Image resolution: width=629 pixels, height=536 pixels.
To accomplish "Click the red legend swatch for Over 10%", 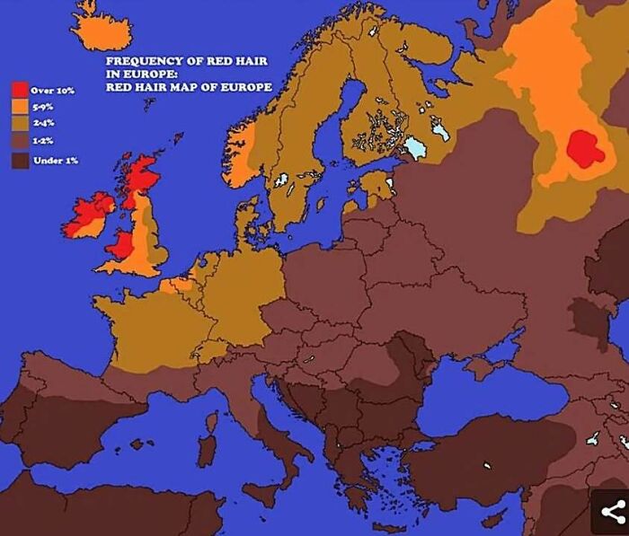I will tap(20, 90).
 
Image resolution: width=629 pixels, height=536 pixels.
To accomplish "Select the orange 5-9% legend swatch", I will tap(20, 108).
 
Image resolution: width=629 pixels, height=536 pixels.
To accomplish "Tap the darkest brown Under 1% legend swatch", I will tap(20, 160).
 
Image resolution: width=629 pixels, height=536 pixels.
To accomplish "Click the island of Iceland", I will tap(101, 31).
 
